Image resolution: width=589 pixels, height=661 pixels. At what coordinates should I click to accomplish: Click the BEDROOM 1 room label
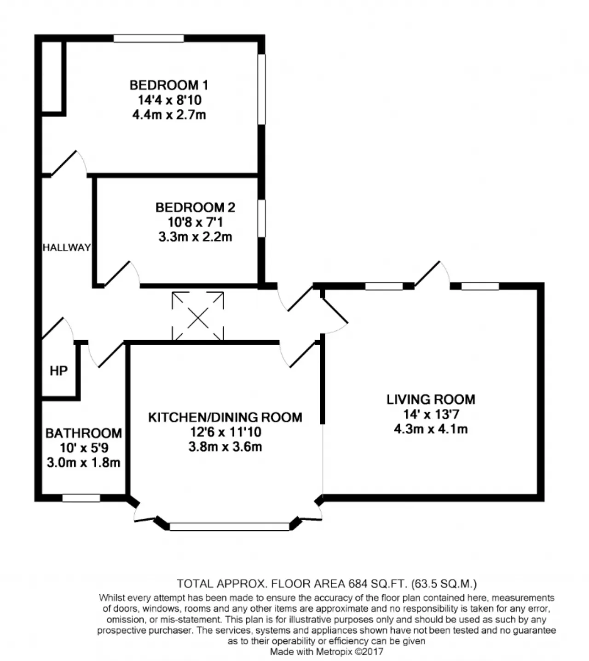pyautogui.click(x=168, y=85)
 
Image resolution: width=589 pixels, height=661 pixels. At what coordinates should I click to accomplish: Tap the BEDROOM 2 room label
pyautogui.click(x=195, y=208)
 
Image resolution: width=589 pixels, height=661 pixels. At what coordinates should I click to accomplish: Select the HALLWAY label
pyautogui.click(x=67, y=248)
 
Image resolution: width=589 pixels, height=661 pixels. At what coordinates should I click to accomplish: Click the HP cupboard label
pyautogui.click(x=59, y=371)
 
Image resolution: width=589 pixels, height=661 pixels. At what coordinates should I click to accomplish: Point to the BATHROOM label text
pyautogui.click(x=83, y=433)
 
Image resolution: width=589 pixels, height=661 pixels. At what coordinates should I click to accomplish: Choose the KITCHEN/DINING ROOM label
pyautogui.click(x=225, y=417)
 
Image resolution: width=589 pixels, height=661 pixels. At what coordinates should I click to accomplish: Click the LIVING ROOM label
pyautogui.click(x=431, y=400)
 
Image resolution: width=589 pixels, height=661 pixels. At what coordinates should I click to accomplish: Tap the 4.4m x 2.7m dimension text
pyautogui.click(x=169, y=115)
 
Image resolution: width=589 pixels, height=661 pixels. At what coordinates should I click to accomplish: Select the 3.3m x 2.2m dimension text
pyautogui.click(x=195, y=237)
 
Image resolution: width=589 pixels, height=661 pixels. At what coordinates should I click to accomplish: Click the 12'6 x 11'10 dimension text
pyautogui.click(x=225, y=432)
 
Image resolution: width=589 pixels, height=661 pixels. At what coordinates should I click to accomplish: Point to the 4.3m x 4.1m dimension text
pyautogui.click(x=431, y=429)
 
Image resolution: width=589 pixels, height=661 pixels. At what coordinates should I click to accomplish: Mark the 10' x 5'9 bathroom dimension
pyautogui.click(x=84, y=448)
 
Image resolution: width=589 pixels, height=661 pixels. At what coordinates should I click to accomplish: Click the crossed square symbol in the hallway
pyautogui.click(x=198, y=316)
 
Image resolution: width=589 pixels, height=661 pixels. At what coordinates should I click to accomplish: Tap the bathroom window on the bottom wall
pyautogui.click(x=81, y=498)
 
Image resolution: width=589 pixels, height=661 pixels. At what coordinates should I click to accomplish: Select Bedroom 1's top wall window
pyautogui.click(x=149, y=38)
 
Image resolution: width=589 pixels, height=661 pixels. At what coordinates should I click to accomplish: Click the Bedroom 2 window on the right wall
pyautogui.click(x=261, y=218)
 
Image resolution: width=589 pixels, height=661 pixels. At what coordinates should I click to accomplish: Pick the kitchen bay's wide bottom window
pyautogui.click(x=230, y=527)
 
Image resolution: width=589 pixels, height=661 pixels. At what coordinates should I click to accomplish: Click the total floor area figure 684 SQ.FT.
pyautogui.click(x=377, y=583)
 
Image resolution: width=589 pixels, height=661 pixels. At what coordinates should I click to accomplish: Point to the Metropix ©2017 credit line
pyautogui.click(x=326, y=651)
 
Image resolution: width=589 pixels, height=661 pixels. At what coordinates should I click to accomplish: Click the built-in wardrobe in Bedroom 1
pyautogui.click(x=52, y=77)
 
